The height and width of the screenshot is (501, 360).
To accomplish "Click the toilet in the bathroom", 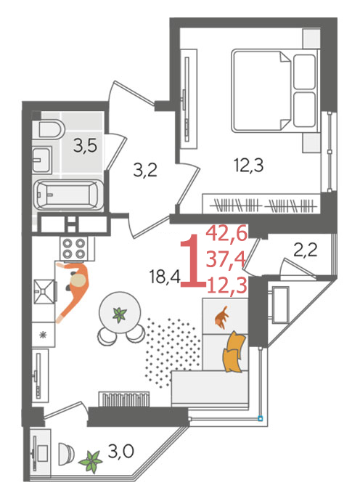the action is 52,129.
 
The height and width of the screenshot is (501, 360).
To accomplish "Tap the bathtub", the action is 68,195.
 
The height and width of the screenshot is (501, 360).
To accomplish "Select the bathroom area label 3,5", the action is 85,147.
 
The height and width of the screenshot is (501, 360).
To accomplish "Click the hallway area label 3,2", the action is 145,171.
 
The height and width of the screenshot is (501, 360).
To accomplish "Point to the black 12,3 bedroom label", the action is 249,166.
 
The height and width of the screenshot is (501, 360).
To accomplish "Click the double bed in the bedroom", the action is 275,91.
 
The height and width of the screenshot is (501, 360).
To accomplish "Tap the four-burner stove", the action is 75,248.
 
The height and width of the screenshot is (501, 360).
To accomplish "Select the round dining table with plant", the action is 120,312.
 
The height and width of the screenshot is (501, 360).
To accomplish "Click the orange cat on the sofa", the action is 221,317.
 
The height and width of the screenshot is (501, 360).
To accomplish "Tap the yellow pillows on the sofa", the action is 234,351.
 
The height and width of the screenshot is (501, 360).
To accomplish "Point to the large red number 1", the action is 192,261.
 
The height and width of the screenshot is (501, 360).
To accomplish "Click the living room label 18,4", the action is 165,277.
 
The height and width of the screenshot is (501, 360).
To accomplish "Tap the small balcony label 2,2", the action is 306,250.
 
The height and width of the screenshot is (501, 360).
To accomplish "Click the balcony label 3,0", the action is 120,452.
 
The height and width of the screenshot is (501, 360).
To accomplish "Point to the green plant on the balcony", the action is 91,461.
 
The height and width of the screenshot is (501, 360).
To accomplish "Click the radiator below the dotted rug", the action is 124,399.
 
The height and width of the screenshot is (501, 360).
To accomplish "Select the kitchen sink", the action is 44,292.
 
